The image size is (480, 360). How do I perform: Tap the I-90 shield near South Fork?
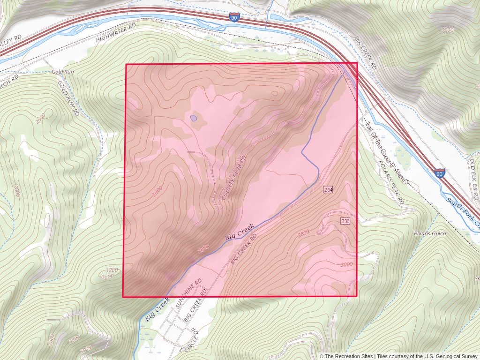[x=439, y=173]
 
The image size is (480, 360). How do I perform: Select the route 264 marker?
[x=328, y=189]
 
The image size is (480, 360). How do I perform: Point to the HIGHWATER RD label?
[x=115, y=32]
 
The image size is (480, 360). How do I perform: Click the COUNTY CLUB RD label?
[x=234, y=178]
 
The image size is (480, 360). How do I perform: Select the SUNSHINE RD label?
[x=188, y=292]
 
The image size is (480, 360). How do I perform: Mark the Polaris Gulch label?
[x=430, y=233]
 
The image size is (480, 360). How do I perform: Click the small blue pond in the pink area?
[x=194, y=118]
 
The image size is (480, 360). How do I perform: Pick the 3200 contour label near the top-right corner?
[x=448, y=30]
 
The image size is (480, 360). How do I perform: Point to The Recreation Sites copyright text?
[x=346, y=356]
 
